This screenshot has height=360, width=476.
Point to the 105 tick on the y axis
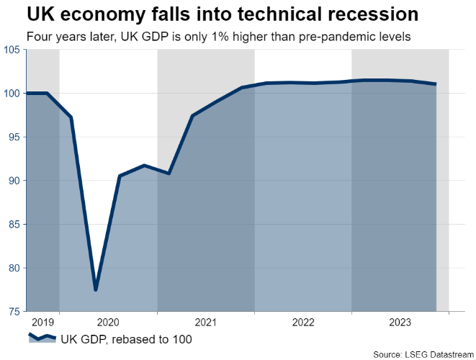(12, 50)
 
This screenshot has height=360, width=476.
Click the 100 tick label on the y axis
(12, 94)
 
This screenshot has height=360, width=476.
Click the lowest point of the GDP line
(96, 289)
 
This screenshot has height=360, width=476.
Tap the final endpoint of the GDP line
(435, 84)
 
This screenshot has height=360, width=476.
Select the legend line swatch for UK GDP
(42, 338)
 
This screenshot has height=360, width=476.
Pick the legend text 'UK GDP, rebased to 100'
(127, 338)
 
